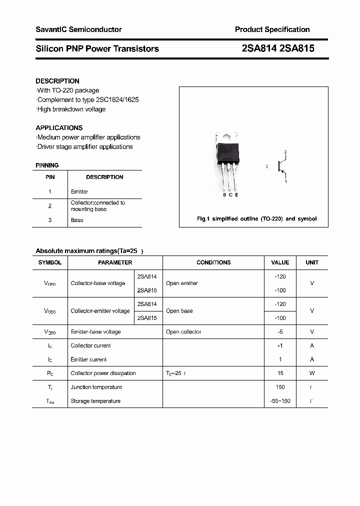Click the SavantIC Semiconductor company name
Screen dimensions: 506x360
pos(78,29)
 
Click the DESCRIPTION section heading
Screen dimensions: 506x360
pos(57,81)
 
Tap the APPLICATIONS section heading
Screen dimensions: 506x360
pos(59,127)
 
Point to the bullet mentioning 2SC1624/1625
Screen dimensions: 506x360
pos(87,99)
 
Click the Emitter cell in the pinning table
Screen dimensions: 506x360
pos(79,191)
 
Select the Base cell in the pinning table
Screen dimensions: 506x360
pos(77,220)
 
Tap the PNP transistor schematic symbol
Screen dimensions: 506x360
pos(281,167)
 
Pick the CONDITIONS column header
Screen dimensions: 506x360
pos(213,262)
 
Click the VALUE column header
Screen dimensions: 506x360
pos(280,262)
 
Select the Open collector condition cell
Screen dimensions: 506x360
pos(183,331)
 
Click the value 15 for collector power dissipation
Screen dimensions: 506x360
pos(280,373)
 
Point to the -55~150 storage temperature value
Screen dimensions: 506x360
pos(280,401)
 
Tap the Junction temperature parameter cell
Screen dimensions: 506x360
pos(96,387)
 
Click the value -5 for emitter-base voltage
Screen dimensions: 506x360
pos(280,331)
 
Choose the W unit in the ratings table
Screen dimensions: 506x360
pos(312,373)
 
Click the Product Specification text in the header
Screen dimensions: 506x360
pos(272,29)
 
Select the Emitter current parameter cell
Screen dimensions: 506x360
pos(88,359)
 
